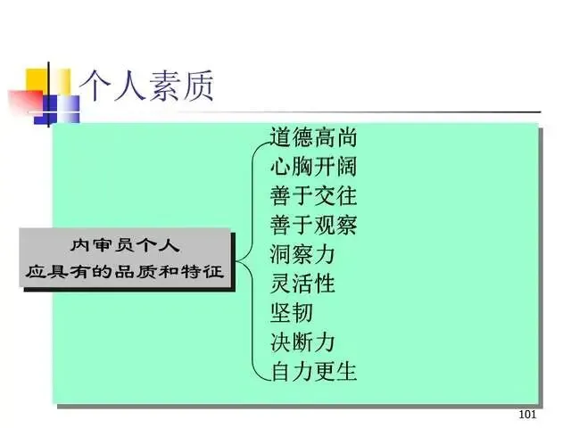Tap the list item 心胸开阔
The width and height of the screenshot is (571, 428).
313,167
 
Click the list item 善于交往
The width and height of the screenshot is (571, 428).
313,196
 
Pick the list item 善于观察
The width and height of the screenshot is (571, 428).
313,225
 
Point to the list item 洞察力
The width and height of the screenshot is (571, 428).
302,254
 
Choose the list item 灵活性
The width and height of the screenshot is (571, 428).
302,284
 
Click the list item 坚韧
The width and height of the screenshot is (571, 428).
292,313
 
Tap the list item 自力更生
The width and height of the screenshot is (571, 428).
313,371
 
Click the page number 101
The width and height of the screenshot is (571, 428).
526,416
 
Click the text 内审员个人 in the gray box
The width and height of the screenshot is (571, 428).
126,245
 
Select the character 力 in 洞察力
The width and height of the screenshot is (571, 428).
324,254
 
